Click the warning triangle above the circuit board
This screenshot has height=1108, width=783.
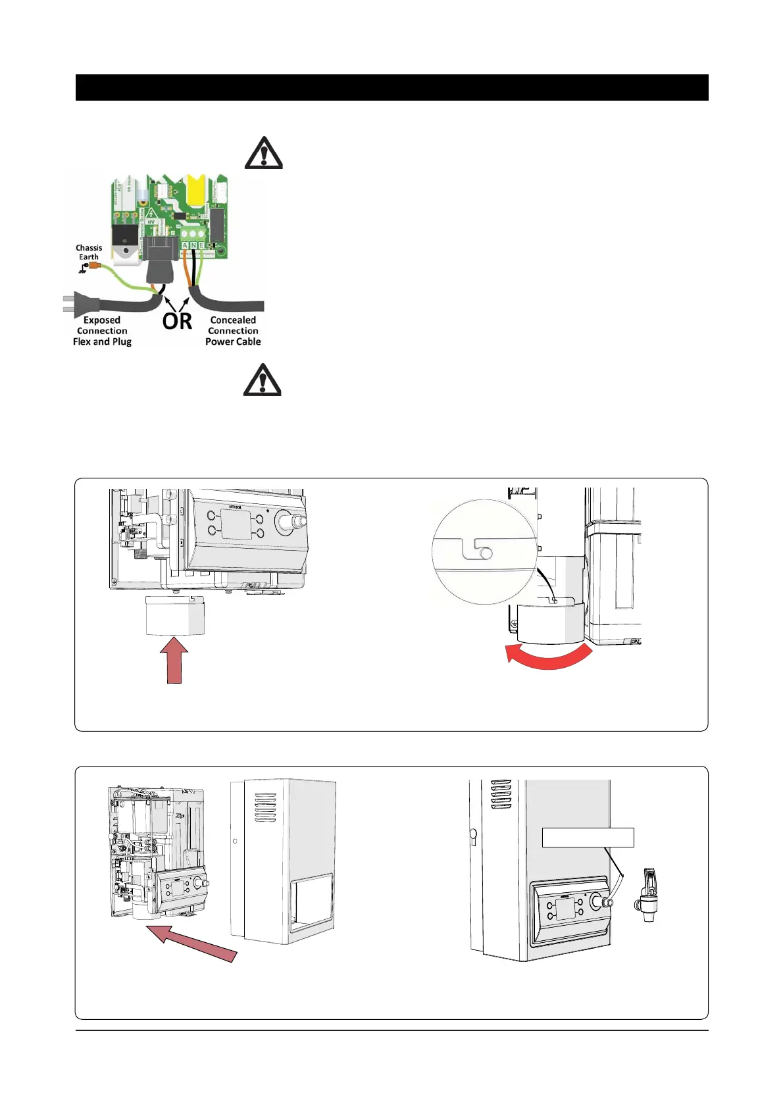pos(263,153)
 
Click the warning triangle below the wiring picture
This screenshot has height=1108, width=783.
pos(263,380)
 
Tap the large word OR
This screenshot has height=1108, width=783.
pos(177,321)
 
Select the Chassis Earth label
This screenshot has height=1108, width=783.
pos(89,253)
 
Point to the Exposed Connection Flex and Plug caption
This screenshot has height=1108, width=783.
pos(102,331)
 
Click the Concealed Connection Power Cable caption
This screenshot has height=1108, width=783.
pos(233,331)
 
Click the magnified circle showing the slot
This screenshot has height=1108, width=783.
pos(484,552)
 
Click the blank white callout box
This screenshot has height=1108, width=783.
pos(588,837)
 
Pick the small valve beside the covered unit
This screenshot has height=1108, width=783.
pos(647,895)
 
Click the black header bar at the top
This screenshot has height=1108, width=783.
pos(391,88)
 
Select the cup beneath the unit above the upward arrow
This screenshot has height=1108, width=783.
pos(175,616)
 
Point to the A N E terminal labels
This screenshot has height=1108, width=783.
pos(193,245)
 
